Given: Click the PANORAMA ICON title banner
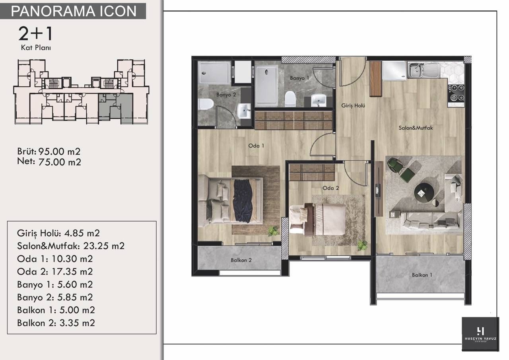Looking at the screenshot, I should pos(74,11).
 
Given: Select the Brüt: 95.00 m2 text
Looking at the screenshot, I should pos(49,152).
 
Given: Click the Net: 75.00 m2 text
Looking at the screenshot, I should pos(49,162).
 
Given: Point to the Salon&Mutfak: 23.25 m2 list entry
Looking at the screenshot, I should pos(71,246).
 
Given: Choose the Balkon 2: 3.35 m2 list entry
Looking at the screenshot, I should pos(56,323).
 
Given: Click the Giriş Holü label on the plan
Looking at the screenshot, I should pos(353,106).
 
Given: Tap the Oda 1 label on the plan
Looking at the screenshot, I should pos(256,146).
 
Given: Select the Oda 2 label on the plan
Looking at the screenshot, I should pos(330,188).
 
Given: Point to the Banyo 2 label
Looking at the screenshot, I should pos(226,95).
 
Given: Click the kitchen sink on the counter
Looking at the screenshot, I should pos(424,70).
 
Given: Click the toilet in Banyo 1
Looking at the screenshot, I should pos(290,99).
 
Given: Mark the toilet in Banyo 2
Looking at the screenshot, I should pos(206,105).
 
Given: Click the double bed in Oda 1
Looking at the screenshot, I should pos(231,200).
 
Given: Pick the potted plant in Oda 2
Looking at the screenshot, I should pos(362,245).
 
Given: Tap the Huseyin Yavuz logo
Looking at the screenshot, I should pos(480,333).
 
